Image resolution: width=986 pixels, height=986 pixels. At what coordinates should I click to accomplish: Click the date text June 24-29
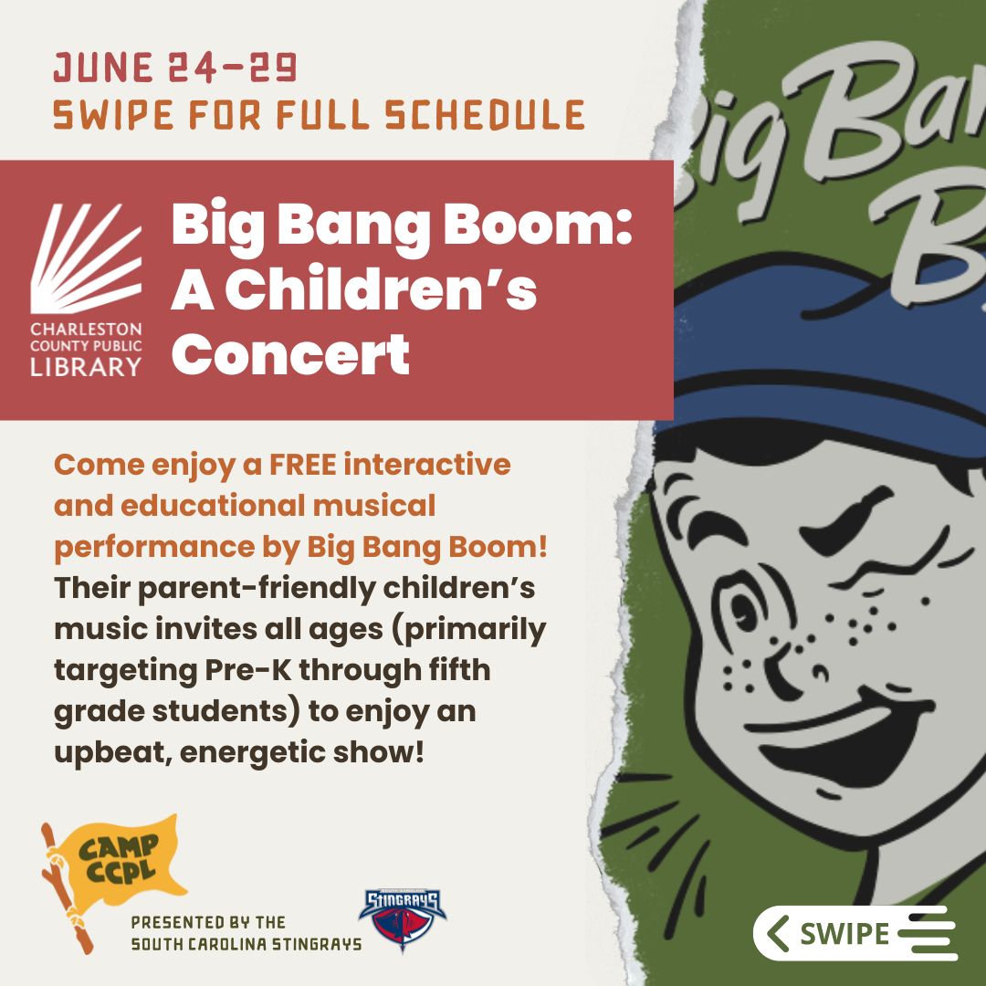(174, 68)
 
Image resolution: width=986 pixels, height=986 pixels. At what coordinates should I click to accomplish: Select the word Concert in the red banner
(290, 354)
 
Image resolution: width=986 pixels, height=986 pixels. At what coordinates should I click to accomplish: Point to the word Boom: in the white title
(538, 226)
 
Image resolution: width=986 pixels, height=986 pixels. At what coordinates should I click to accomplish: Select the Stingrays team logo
(403, 918)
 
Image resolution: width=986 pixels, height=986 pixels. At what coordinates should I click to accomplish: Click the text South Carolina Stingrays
(246, 945)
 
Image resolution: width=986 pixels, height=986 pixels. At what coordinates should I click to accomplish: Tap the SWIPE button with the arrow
(855, 933)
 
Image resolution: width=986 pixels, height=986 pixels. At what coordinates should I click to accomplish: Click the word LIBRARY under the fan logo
(86, 367)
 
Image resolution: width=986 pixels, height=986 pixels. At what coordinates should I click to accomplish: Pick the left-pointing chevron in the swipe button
(779, 933)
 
